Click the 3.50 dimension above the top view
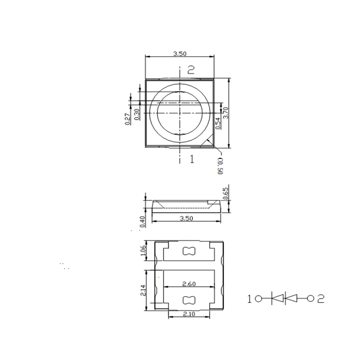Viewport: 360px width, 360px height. [180, 54]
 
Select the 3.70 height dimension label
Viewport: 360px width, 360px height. [226, 112]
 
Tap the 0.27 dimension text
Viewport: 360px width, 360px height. [128, 118]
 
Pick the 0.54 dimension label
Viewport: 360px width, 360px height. [218, 123]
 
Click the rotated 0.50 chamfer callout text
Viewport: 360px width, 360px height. [220, 165]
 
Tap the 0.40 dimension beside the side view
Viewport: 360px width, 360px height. [142, 222]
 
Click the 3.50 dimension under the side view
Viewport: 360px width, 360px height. [186, 218]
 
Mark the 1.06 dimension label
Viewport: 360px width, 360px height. [144, 252]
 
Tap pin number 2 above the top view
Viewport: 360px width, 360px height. [191, 70]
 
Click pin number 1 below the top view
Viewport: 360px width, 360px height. [192, 159]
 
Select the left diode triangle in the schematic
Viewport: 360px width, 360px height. [278, 298]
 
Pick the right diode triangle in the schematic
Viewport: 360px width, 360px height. [292, 298]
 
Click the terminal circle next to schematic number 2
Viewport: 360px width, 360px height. [310, 298]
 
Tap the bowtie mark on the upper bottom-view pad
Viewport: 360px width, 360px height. [188, 252]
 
